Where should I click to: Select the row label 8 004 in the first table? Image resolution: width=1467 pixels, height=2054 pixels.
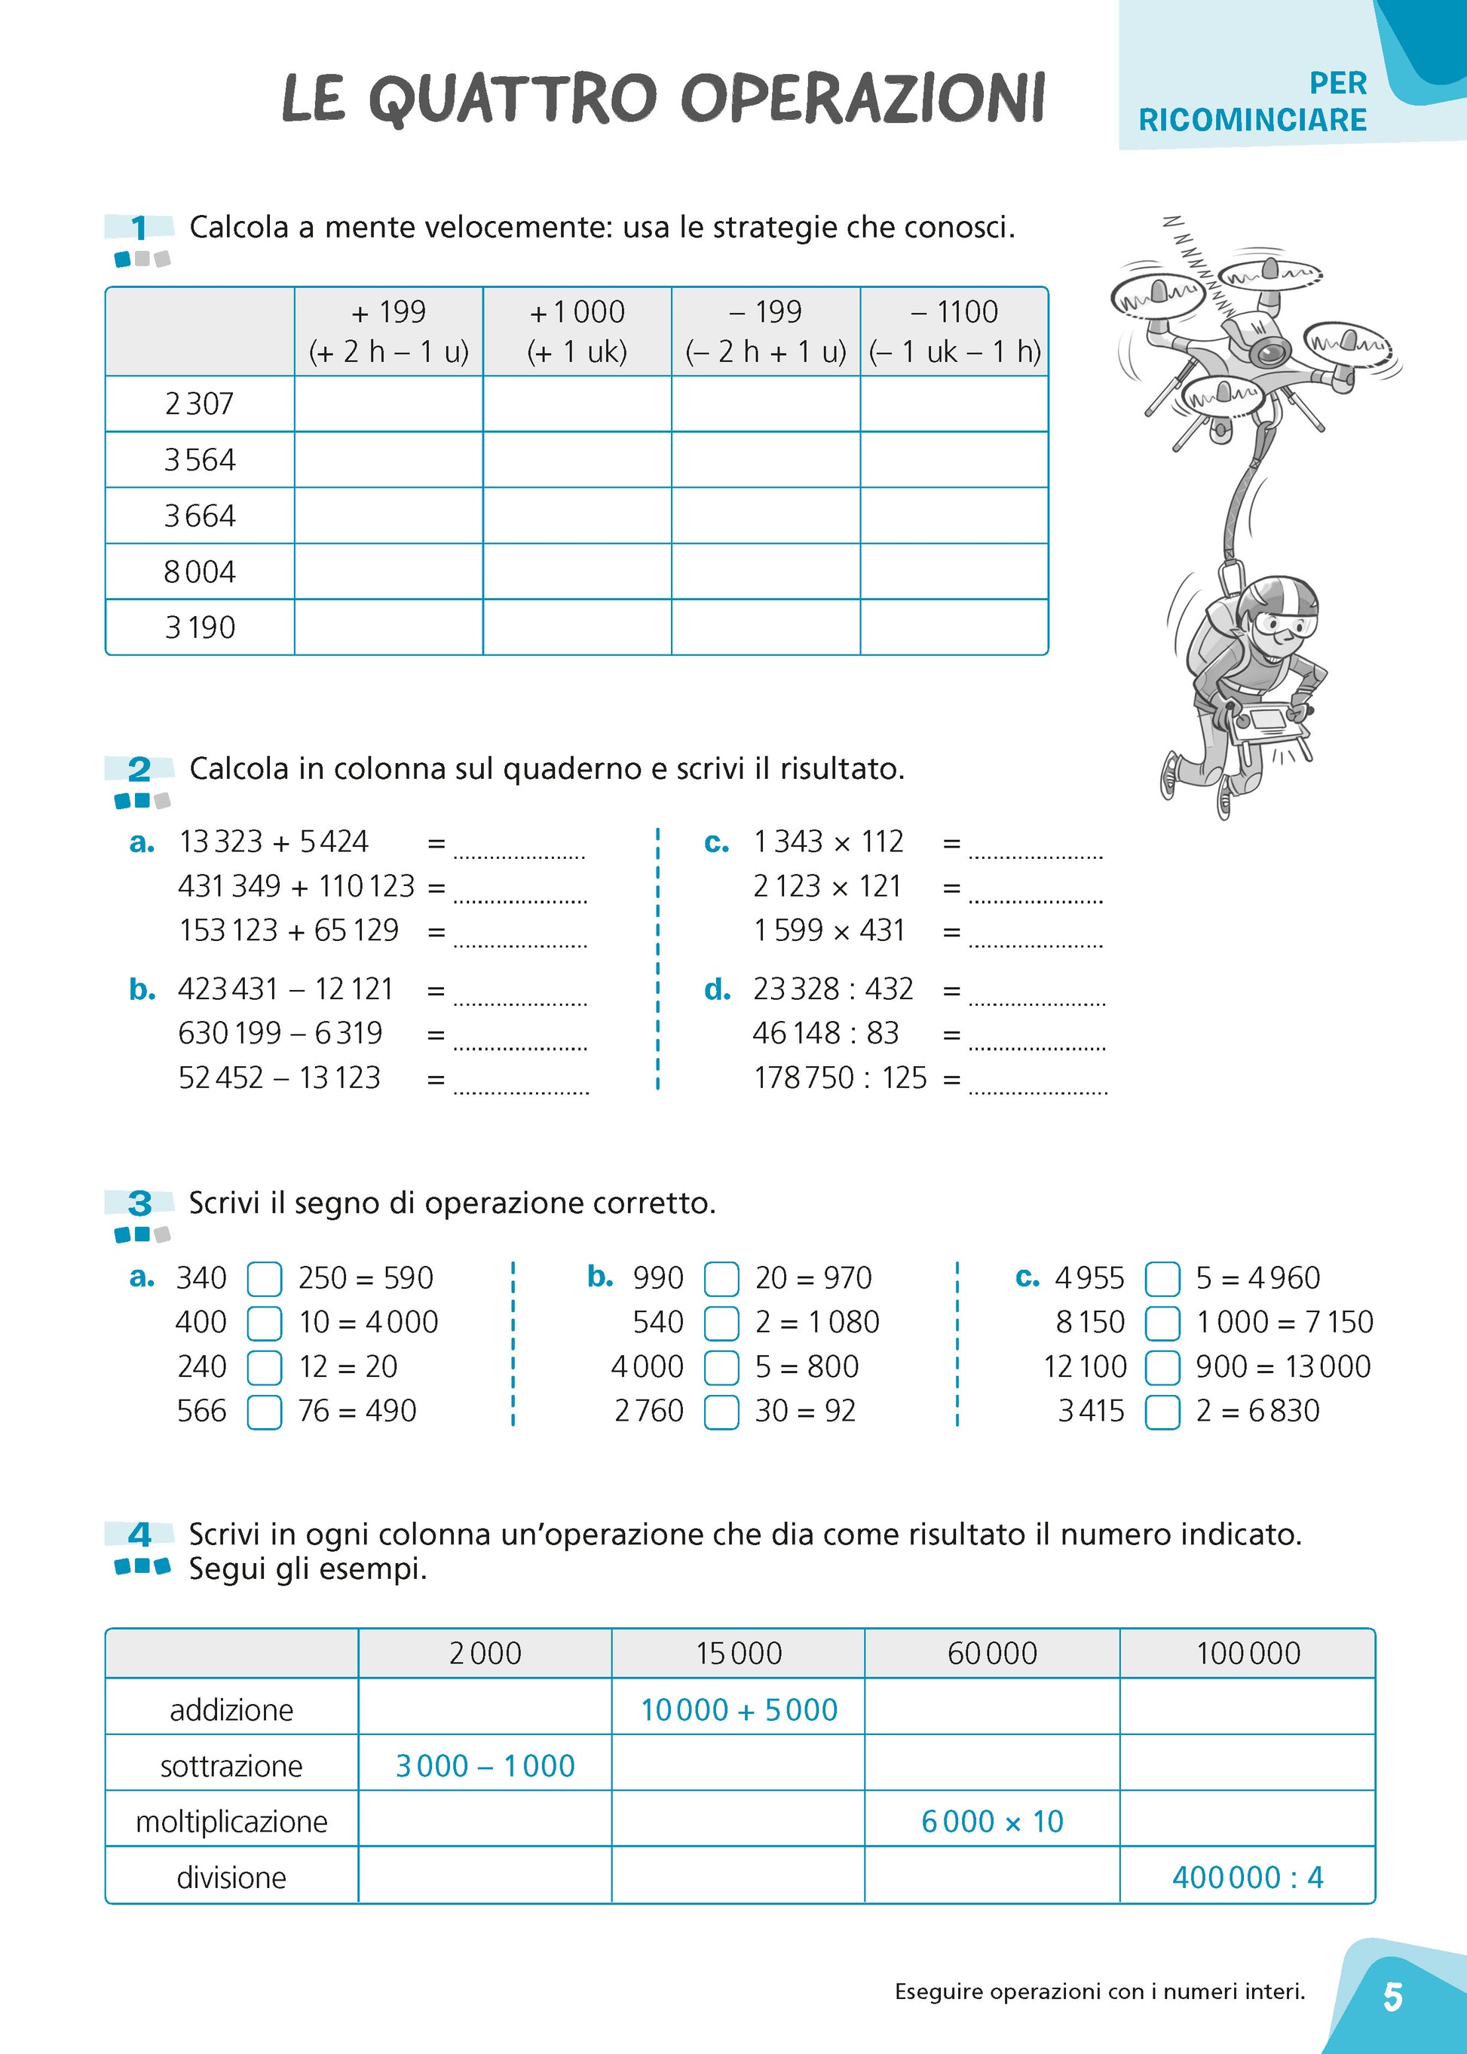pos(200,572)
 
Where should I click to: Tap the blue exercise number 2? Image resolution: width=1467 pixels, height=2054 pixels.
pos(139,770)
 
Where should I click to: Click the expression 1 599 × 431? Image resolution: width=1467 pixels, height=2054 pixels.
pos(828,930)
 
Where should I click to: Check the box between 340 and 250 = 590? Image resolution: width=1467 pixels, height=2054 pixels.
pos(265,1279)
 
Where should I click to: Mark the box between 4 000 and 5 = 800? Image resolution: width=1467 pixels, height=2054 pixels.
pos(721,1367)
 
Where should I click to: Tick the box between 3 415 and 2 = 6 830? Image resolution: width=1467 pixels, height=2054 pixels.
pos(1162,1412)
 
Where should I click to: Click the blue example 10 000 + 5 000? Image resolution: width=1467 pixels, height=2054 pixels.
pos(739,1709)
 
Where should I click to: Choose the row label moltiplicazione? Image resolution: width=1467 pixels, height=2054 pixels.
pos(231,1822)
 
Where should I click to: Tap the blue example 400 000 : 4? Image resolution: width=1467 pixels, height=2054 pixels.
pos(1248,1878)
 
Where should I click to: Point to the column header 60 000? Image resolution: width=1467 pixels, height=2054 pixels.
pos(992,1654)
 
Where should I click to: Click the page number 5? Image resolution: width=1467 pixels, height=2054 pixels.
pos(1392,1997)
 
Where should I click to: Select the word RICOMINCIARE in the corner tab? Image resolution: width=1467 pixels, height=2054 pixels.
pos(1252,120)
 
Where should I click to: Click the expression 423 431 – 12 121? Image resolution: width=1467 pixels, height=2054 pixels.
pos(286,989)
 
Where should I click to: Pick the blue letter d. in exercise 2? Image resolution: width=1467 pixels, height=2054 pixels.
pos(717,990)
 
